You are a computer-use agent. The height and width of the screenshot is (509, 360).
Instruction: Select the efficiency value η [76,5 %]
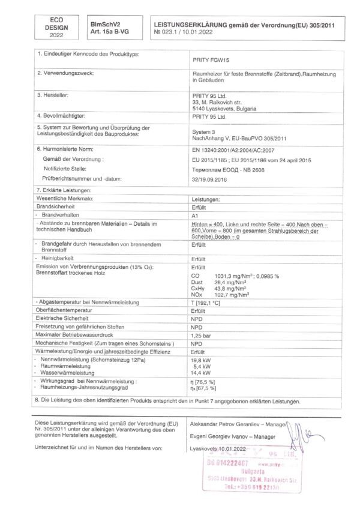(x=203, y=381)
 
